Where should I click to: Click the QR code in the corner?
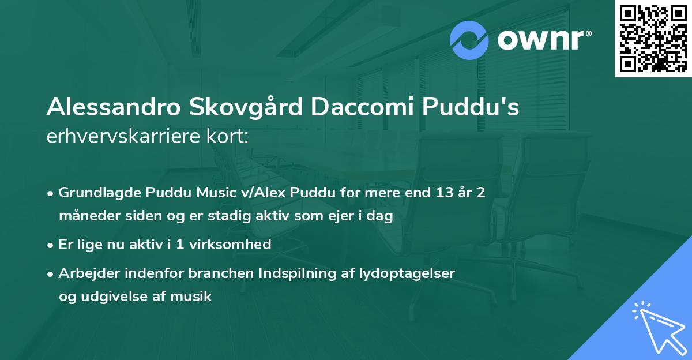[653, 39]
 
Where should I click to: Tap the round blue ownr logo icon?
[469, 40]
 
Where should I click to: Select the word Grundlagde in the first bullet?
[97, 192]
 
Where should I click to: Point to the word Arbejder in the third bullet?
[86, 273]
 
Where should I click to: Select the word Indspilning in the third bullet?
[275, 273]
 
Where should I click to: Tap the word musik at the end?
[194, 297]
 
